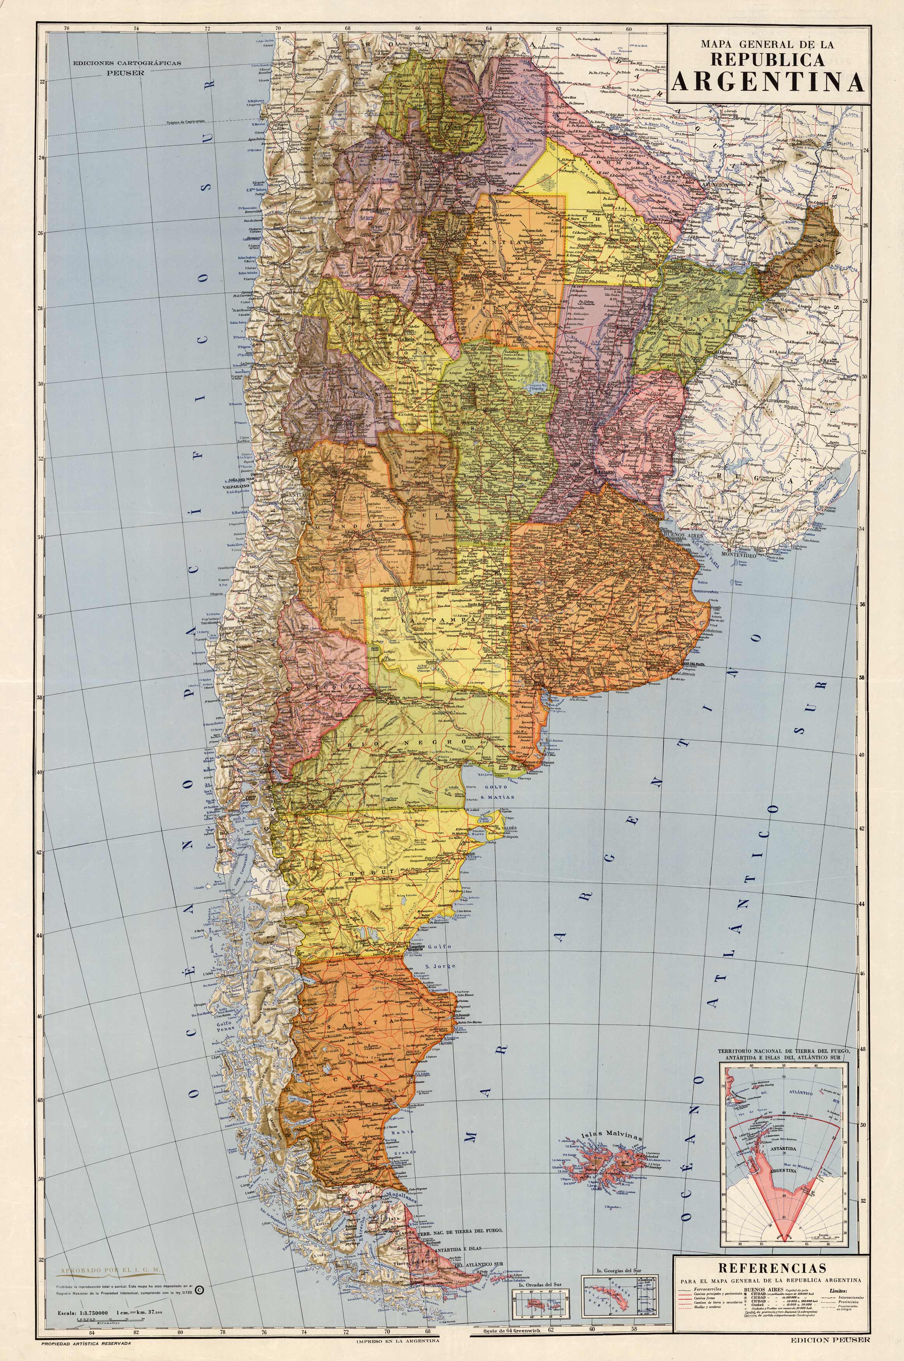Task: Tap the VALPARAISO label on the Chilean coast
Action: pos(243,487)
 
